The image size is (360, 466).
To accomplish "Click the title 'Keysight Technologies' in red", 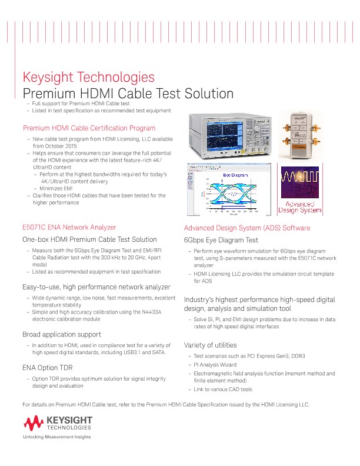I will (x=88, y=78).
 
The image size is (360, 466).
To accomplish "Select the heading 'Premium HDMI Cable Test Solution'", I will (x=128, y=94).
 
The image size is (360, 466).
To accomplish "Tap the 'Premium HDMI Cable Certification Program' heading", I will (x=89, y=128).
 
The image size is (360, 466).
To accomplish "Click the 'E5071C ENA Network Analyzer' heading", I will (x=69, y=227).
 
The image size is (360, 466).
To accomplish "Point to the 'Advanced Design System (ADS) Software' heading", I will (x=247, y=228).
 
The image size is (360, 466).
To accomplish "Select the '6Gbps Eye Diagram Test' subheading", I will (x=221, y=240).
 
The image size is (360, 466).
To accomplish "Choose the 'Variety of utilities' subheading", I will (x=211, y=345).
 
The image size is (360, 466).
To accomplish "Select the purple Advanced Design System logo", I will (x=301, y=191).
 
